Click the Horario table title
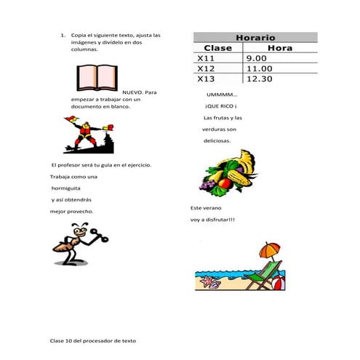pyautogui.click(x=255, y=37)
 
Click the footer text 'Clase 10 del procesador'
pyautogui.click(x=92, y=340)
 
